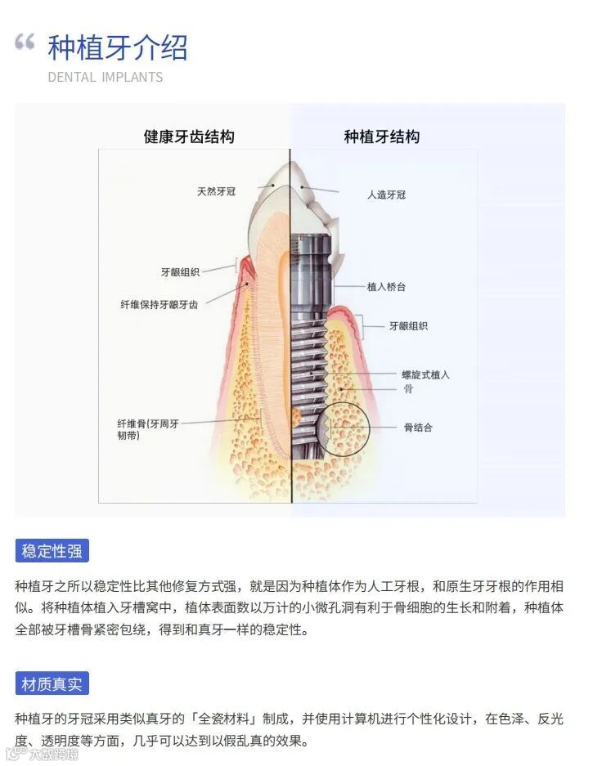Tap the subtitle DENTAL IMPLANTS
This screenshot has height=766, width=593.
105,78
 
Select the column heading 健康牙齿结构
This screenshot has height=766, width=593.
189,137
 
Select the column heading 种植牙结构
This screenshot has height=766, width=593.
382,137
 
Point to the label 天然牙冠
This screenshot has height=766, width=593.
216,191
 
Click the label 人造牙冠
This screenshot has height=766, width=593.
386,195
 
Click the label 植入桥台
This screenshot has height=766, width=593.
386,287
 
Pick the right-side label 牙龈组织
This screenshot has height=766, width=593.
408,325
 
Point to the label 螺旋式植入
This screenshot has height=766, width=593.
425,374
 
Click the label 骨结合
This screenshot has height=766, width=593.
418,427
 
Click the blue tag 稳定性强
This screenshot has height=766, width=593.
52,550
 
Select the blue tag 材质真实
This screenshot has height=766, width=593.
52,683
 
